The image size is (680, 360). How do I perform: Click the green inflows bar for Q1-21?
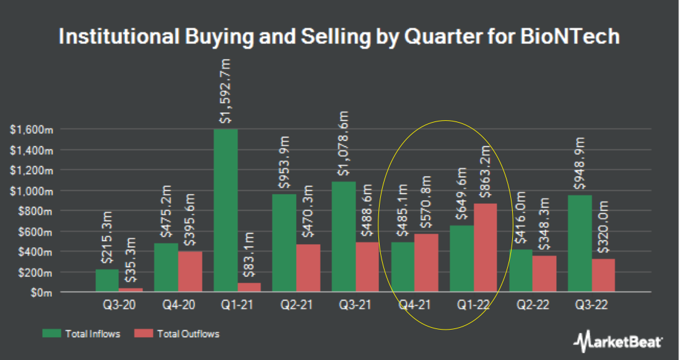[226, 211]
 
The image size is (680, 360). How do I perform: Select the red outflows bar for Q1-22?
[486, 248]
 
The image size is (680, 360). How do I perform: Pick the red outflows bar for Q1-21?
[250, 288]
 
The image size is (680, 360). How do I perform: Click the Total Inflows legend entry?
[81, 334]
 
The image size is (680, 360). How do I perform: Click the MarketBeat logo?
[618, 340]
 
